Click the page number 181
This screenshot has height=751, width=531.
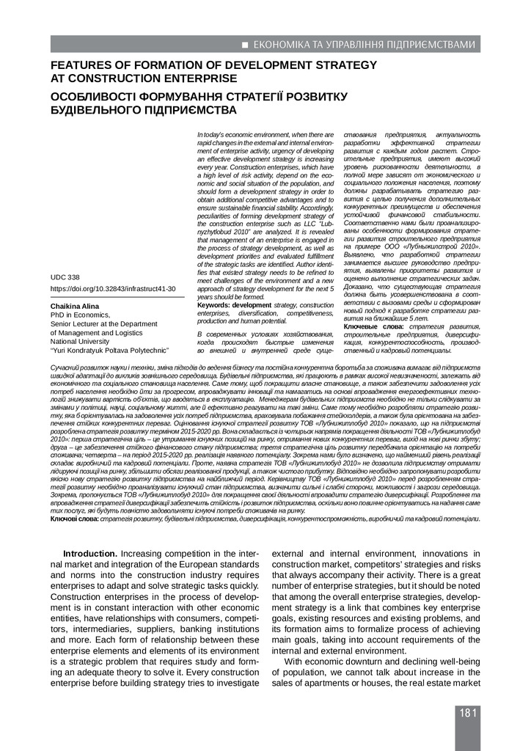468,713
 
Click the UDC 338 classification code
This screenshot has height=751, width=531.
65,278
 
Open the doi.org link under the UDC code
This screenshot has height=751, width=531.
112,290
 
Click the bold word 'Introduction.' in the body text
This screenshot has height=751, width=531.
90,553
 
